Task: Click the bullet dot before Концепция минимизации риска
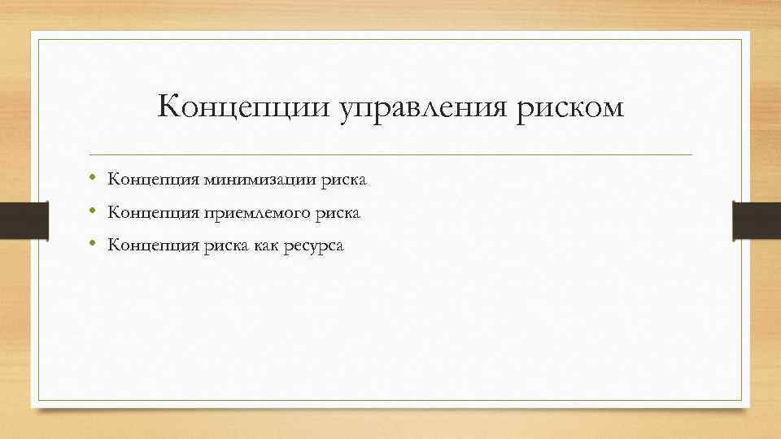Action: (94, 178)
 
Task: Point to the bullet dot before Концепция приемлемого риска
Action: (94, 211)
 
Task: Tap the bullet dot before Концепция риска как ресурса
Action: (94, 244)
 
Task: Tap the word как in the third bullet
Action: (261, 246)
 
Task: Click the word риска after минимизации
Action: (344, 180)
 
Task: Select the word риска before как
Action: (218, 246)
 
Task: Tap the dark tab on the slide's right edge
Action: (757, 220)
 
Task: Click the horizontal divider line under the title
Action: (390, 154)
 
